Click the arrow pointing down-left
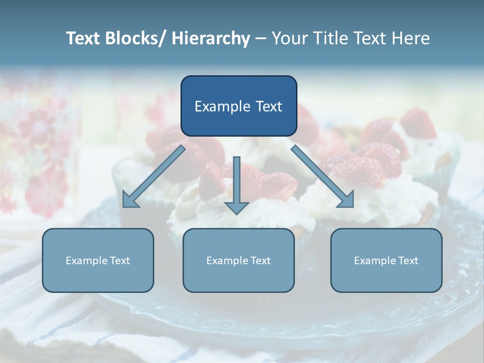point(154,176)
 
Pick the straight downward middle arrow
point(236,181)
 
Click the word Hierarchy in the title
point(211,38)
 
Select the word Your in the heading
point(290,38)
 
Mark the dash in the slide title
point(261,38)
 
